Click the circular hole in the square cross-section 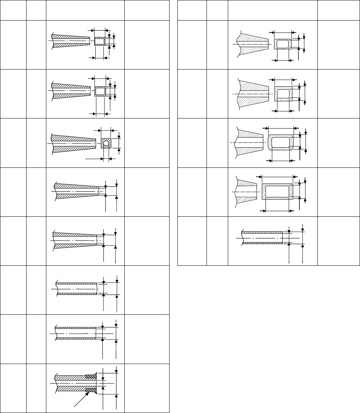[106, 143]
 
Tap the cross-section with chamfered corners [281, 142]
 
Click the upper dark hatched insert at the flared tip [91, 376]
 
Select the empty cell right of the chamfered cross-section [338, 143]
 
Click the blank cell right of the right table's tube [338, 240]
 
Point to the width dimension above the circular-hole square [106, 130]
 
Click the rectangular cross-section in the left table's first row [100, 41]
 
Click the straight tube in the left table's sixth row [77, 289]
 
